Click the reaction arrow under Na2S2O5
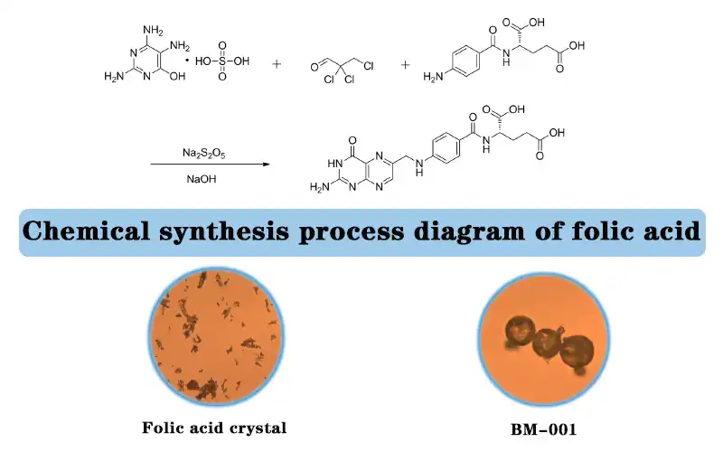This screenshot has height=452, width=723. tap(210, 164)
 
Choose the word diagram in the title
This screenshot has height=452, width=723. tap(498, 232)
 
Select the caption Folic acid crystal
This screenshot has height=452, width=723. tap(213, 426)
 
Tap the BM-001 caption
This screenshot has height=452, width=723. tap(540, 426)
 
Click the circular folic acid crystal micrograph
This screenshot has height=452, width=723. tap(214, 334)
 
